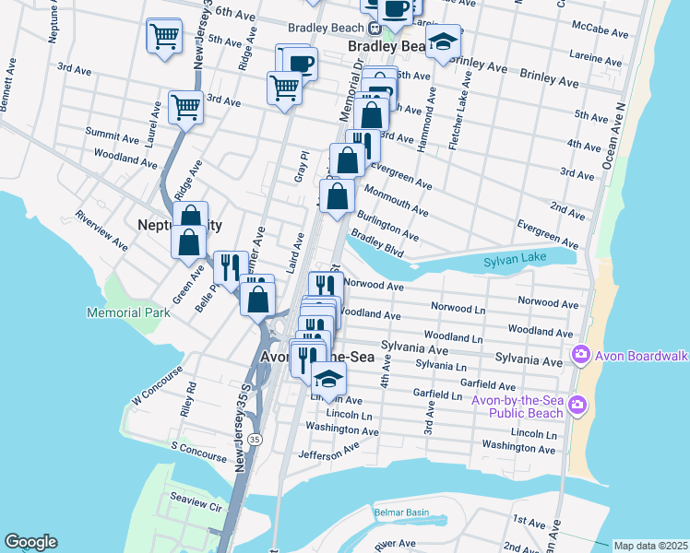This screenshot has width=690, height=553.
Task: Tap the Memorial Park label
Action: [x=128, y=312]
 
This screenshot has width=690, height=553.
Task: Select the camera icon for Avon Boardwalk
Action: [x=581, y=353]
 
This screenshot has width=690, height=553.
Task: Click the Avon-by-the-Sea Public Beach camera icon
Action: [x=577, y=404]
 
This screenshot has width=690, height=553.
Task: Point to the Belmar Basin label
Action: [x=402, y=512]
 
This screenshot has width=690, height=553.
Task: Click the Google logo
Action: [x=30, y=542]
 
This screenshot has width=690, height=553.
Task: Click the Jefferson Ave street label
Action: [x=328, y=449]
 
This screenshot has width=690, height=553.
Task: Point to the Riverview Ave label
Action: [x=102, y=231]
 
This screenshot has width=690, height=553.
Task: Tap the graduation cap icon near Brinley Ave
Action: [x=443, y=42]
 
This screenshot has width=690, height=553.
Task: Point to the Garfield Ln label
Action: [x=437, y=394]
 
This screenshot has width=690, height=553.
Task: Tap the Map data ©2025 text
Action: [x=650, y=546]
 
